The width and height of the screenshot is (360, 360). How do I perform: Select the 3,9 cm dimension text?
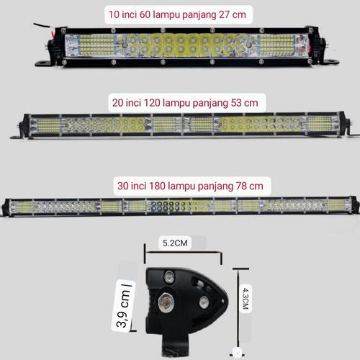(125, 305)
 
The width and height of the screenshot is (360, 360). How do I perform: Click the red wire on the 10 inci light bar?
(47, 28)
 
